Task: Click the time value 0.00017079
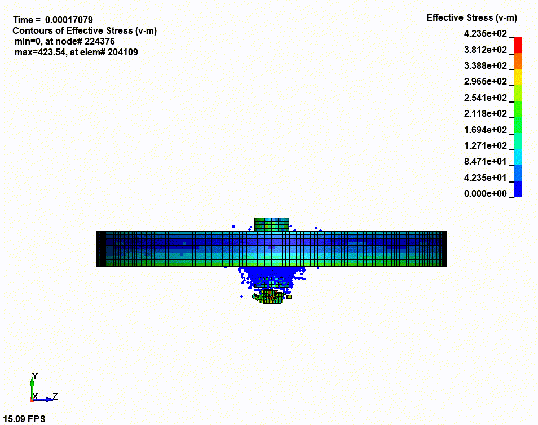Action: [x=69, y=20]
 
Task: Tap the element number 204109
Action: [x=122, y=52]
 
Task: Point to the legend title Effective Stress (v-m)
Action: [x=471, y=18]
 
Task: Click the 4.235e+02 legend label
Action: [x=485, y=34]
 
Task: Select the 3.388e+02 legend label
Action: [x=485, y=65]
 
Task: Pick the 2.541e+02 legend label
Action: [x=485, y=98]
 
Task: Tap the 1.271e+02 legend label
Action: [x=485, y=146]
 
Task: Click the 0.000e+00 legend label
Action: [x=485, y=194]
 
